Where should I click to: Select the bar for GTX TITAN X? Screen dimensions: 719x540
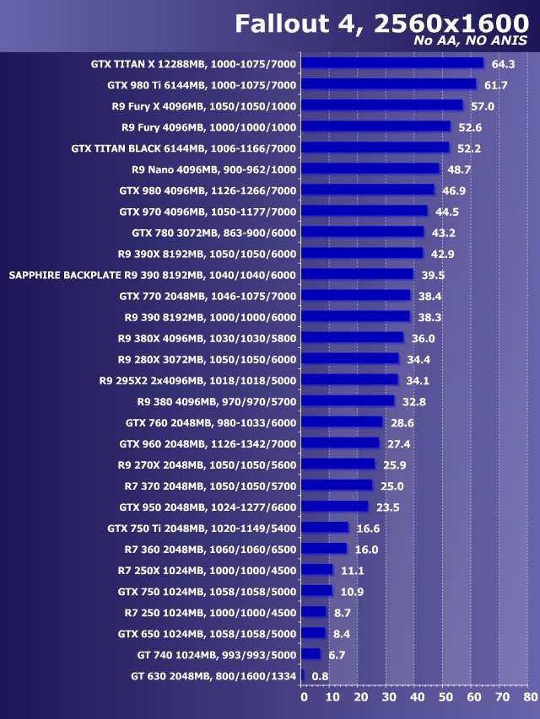[x=391, y=63]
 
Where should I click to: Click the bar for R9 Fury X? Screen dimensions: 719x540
[x=381, y=105]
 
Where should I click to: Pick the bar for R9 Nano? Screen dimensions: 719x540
[x=370, y=169]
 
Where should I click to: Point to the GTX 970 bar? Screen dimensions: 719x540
[x=364, y=211]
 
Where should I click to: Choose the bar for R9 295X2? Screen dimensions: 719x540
[x=348, y=379]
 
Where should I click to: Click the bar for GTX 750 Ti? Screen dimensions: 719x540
[x=324, y=527]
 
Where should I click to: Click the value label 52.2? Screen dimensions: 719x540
[x=469, y=148]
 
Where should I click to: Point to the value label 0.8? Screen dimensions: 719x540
[x=320, y=676]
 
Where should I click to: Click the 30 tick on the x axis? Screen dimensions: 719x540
[x=389, y=697]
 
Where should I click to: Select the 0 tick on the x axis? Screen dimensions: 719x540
[x=304, y=697]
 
